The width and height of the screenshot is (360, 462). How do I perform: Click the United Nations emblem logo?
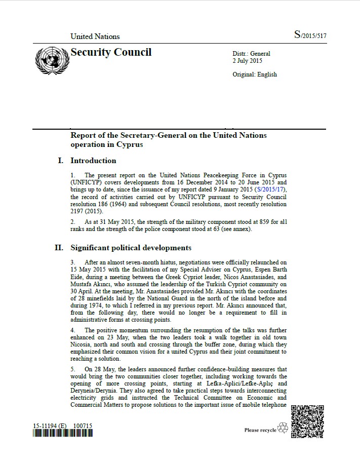click(51, 60)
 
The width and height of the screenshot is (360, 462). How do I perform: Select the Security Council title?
click(111, 52)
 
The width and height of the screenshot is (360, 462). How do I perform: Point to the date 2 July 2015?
click(247, 61)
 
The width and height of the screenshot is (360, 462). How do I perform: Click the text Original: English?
click(255, 74)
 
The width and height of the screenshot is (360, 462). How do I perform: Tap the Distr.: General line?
click(251, 54)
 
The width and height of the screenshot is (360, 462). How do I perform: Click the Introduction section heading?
click(93, 161)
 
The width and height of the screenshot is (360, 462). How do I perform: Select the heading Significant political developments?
click(131, 248)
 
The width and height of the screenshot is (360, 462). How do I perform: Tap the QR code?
click(307, 421)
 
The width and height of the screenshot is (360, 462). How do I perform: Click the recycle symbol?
click(283, 428)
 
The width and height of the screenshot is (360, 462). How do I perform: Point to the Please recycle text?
click(260, 430)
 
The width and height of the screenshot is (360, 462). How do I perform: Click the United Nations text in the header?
click(95, 36)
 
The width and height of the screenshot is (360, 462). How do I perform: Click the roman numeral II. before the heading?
click(59, 248)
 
